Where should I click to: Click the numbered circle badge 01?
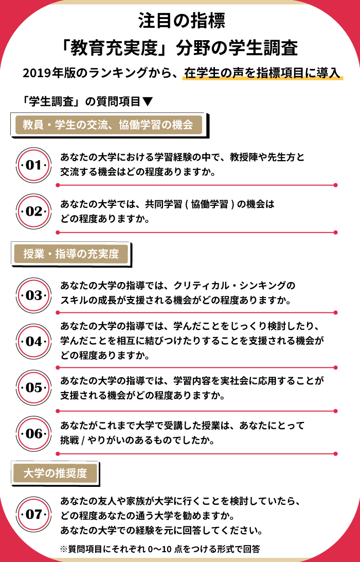pyautogui.click(x=33, y=165)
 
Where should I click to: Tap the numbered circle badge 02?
pyautogui.click(x=33, y=212)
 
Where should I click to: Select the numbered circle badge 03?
pyautogui.click(x=33, y=295)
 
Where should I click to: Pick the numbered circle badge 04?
pyautogui.click(x=33, y=341)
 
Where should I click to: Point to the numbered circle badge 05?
pyautogui.click(x=33, y=388)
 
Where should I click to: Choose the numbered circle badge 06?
pyautogui.click(x=33, y=434)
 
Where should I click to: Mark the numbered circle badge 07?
pyautogui.click(x=33, y=514)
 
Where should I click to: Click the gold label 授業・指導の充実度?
pyautogui.click(x=71, y=254)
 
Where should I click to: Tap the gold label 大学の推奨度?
pyautogui.click(x=55, y=473)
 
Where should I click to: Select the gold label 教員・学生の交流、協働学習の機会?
pyautogui.click(x=108, y=125)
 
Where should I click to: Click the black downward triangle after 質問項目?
pyautogui.click(x=148, y=102)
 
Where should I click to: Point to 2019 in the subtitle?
pyautogui.click(x=37, y=73)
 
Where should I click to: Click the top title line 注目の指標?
pyautogui.click(x=182, y=21)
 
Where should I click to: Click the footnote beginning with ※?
pyautogui.click(x=160, y=549)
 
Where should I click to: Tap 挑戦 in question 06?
pyautogui.click(x=69, y=440)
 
